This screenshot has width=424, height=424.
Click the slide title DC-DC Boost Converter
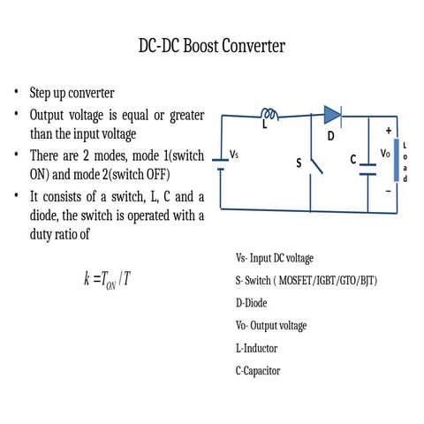pos(211,46)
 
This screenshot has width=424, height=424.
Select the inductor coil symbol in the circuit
pos(270,113)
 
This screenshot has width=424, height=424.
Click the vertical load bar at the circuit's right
pos(396,161)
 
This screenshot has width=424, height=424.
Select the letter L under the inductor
pos(263,126)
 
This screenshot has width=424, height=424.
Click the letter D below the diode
pos(331,136)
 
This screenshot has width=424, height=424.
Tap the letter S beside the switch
pos(298,163)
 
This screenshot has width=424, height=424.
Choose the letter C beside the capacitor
pos(352,160)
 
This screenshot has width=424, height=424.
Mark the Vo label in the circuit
pos(385,153)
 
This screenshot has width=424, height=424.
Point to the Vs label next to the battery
pos(234,154)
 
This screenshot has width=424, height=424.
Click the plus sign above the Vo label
pos(388,131)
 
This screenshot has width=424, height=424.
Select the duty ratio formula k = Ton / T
pos(108,280)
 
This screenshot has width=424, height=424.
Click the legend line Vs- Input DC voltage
pos(274,259)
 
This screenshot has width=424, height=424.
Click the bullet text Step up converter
pos(72,93)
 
